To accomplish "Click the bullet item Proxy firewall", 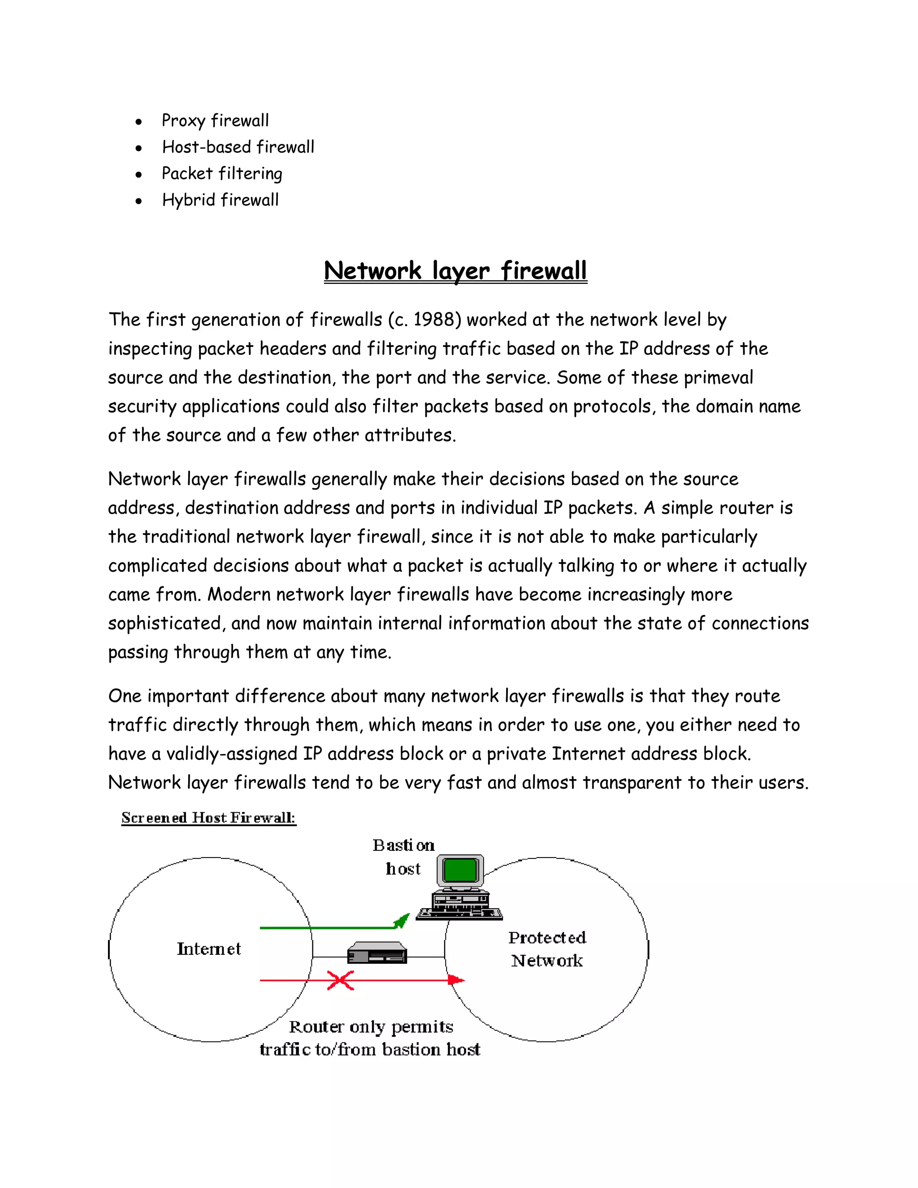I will tap(215, 121).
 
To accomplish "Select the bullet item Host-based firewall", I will tap(238, 147).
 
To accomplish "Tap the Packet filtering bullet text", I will tap(222, 174).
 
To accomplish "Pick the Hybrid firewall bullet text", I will tap(220, 200).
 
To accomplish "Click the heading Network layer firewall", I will tap(455, 271).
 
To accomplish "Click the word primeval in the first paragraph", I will tap(718, 377).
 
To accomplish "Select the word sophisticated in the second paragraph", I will tap(166, 624).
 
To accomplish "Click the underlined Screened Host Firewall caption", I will tap(208, 818).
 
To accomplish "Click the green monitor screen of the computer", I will tap(460, 870).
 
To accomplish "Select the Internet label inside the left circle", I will tap(208, 949).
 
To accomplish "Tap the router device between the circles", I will tap(377, 953).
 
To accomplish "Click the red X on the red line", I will tap(341, 980).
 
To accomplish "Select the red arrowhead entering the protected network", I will tap(456, 980).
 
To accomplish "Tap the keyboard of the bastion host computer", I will tap(459, 915).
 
